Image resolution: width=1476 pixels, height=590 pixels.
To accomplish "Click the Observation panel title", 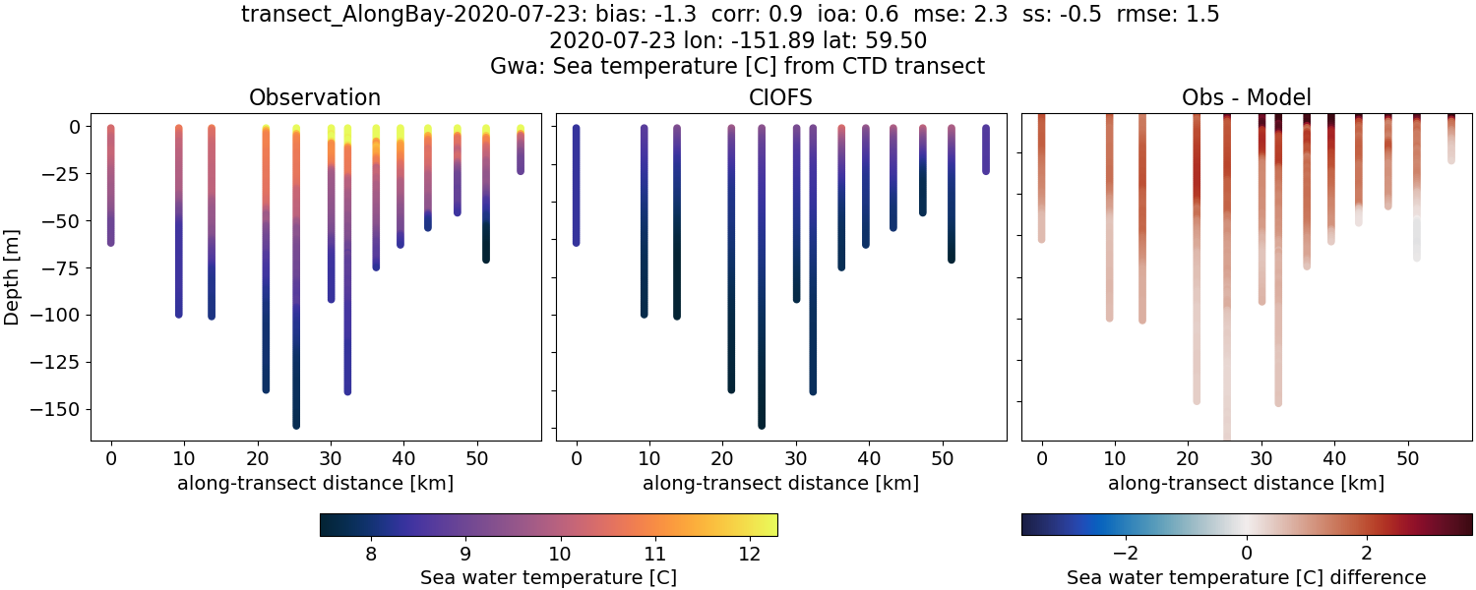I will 315,97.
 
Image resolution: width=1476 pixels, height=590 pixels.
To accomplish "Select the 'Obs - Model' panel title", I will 1247,97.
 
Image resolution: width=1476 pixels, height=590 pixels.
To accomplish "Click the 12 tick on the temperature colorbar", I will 749,554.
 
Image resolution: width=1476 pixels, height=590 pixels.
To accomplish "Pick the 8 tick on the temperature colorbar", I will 370,554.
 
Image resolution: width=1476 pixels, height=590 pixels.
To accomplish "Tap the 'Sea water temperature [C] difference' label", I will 1247,577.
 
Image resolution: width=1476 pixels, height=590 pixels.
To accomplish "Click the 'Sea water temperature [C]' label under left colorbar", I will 548,577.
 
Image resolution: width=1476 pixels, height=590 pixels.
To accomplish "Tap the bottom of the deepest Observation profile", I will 296,424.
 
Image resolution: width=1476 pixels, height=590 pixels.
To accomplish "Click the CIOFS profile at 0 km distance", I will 577,187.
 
